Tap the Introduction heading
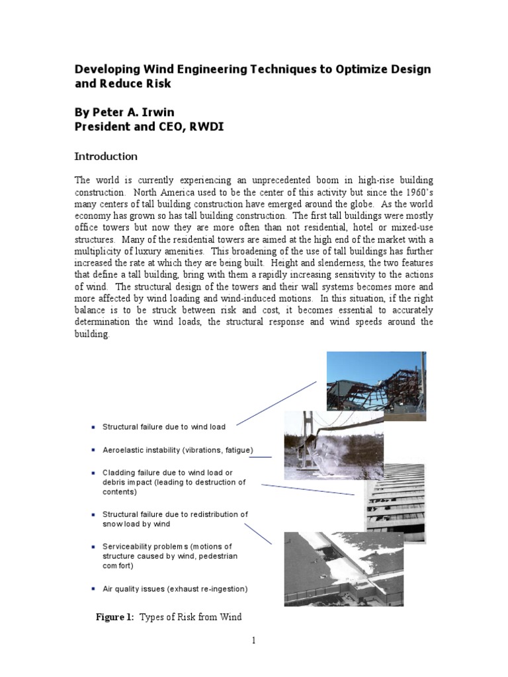pyautogui.click(x=106, y=157)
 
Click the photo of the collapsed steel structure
pyautogui.click(x=376, y=385)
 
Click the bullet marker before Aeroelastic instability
pyautogui.click(x=95, y=450)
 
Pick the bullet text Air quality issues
pyautogui.click(x=175, y=588)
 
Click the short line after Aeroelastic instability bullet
pyautogui.click(x=260, y=456)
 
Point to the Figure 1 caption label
pyautogui.click(x=115, y=617)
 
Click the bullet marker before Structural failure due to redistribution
pyautogui.click(x=95, y=514)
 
